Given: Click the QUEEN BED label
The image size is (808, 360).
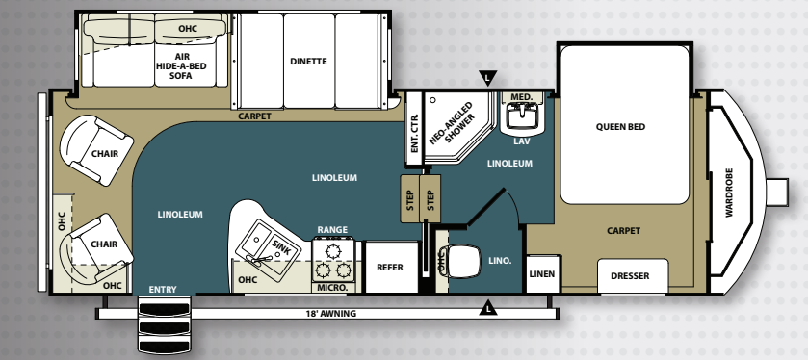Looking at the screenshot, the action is pyautogui.click(x=620, y=127).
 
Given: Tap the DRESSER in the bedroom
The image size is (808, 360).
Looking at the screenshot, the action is pyautogui.click(x=633, y=276).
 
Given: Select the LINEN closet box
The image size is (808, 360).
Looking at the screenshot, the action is pyautogui.click(x=542, y=274).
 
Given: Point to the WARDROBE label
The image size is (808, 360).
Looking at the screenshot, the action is pyautogui.click(x=729, y=193).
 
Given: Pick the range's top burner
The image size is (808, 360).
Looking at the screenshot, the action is pyautogui.click(x=333, y=251).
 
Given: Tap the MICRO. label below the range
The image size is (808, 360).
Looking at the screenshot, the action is pyautogui.click(x=332, y=288).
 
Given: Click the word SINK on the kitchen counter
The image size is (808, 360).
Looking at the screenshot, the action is pyautogui.click(x=281, y=247).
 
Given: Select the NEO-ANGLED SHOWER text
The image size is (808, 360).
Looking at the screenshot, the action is pyautogui.click(x=451, y=123).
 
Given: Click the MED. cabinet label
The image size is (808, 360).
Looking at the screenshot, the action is pyautogui.click(x=521, y=97).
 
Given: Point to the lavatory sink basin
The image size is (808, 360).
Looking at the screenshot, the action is pyautogui.click(x=522, y=115).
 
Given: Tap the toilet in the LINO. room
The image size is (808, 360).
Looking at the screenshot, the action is pyautogui.click(x=462, y=261).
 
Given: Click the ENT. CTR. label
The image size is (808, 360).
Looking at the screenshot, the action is pyautogui.click(x=414, y=132).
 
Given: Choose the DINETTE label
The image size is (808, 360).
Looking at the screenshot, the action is pyautogui.click(x=308, y=62).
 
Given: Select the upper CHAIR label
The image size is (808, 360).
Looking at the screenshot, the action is pyautogui.click(x=105, y=153).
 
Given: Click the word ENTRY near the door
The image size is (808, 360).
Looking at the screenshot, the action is pyautogui.click(x=163, y=290).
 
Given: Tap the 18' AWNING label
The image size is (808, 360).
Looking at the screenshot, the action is pyautogui.click(x=331, y=313).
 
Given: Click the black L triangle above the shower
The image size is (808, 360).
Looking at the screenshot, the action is pyautogui.click(x=487, y=78).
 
